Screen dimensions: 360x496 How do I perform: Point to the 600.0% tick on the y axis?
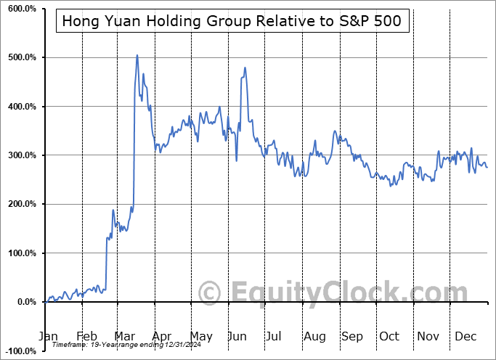(20, 9)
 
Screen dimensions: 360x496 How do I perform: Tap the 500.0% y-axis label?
(20, 57)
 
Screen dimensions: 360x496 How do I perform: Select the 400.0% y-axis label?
(20, 107)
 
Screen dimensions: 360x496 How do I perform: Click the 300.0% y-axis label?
(20, 155)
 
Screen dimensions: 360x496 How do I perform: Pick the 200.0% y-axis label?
(20, 205)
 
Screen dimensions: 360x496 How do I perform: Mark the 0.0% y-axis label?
(25, 302)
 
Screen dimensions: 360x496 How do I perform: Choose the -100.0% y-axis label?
(19, 351)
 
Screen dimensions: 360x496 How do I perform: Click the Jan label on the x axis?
(48, 336)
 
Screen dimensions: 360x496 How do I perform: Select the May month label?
(200, 336)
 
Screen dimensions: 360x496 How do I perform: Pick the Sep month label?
(353, 336)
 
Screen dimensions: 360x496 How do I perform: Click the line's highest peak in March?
(137, 55)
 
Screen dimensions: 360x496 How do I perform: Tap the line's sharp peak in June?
(245, 67)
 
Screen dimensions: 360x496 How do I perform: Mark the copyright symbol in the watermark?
(210, 292)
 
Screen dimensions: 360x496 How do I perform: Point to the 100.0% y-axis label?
(20, 253)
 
